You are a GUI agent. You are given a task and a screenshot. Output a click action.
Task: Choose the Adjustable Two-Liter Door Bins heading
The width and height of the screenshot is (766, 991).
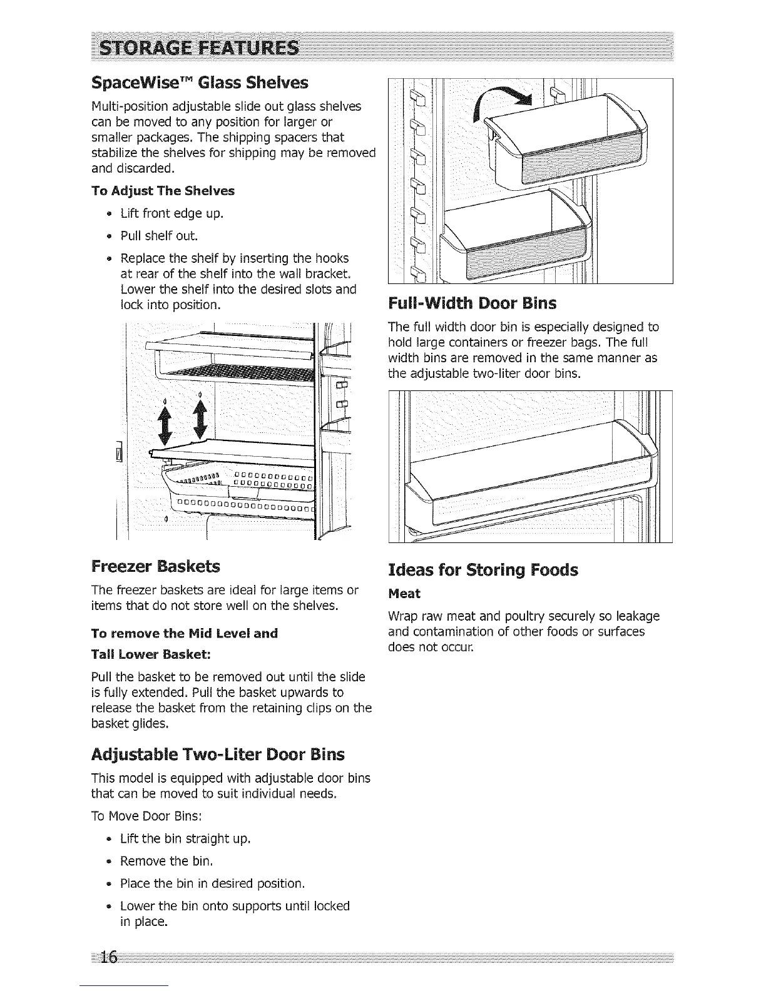(x=218, y=754)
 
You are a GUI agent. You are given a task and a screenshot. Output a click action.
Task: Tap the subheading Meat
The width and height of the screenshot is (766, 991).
(x=404, y=593)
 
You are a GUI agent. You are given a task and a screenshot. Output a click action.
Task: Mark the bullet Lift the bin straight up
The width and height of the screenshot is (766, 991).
(x=185, y=838)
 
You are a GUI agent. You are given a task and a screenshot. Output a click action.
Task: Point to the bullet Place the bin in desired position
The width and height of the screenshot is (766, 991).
(x=212, y=883)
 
